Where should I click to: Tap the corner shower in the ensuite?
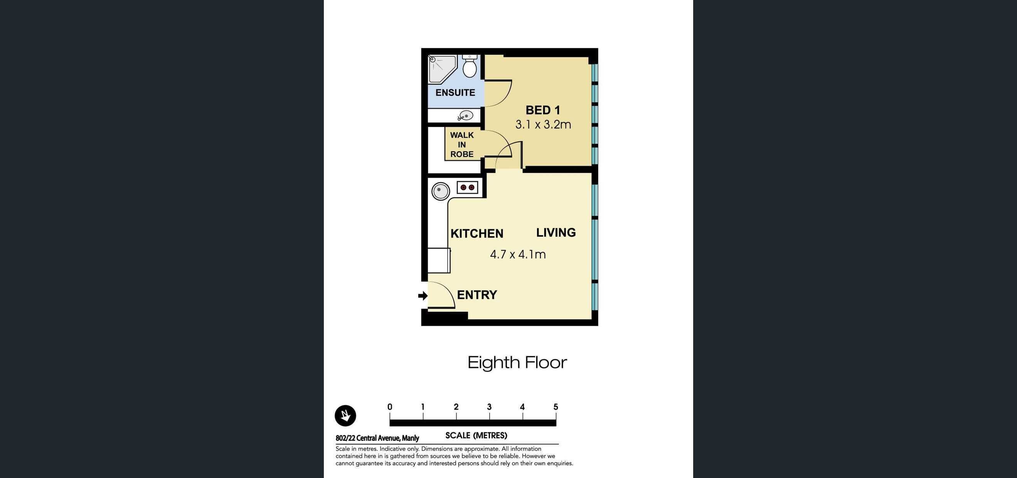click(441, 69)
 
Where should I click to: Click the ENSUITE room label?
click(455, 93)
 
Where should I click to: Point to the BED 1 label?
click(542, 110)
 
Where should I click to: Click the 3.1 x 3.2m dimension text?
click(543, 125)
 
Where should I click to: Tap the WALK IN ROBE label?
click(461, 145)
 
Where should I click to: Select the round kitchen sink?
click(440, 191)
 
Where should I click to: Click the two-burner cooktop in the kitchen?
click(467, 187)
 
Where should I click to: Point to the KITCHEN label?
click(477, 234)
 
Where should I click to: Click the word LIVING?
click(556, 232)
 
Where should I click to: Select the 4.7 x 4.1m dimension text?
click(518, 254)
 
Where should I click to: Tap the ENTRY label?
click(477, 295)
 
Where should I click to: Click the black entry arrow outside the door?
click(423, 296)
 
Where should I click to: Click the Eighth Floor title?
click(517, 362)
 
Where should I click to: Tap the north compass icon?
click(345, 416)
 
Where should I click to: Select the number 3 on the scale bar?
click(489, 407)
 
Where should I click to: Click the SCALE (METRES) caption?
click(476, 435)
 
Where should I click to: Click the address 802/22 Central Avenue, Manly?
click(377, 438)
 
